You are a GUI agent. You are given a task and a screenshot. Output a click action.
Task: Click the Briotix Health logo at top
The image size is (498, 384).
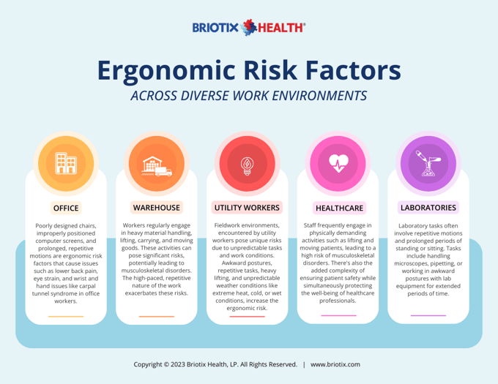pyautogui.click(x=248, y=28)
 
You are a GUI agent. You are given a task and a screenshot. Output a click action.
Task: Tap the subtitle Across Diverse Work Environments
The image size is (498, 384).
pyautogui.click(x=248, y=97)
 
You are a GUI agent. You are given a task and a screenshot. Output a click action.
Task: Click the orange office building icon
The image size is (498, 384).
pyautogui.click(x=66, y=162)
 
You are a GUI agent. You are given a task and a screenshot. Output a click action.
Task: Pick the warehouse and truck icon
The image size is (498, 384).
pyautogui.click(x=156, y=165)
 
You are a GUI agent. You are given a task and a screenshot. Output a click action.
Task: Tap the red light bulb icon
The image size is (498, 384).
pyautogui.click(x=247, y=164)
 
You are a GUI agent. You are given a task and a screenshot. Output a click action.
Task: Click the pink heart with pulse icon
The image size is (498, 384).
pyautogui.click(x=338, y=162)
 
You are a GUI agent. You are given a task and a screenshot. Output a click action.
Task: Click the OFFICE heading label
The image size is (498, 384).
pyautogui.click(x=66, y=208)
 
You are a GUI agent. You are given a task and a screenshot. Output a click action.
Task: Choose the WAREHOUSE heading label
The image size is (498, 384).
pyautogui.click(x=156, y=207)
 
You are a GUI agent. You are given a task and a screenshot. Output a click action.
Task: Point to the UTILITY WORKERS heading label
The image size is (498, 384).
pyautogui.click(x=247, y=208)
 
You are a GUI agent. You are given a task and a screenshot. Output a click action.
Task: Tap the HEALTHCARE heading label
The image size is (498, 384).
pyautogui.click(x=338, y=208)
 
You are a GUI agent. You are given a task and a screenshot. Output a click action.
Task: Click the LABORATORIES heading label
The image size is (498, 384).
pyautogui.click(x=428, y=207)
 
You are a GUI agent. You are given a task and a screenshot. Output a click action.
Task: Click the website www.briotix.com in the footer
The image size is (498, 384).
pyautogui.click(x=335, y=364)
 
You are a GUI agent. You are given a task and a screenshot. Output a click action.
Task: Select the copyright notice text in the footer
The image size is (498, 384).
pyautogui.click(x=215, y=364)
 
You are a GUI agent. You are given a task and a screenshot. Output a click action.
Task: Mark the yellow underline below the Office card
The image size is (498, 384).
pyautogui.click(x=66, y=317)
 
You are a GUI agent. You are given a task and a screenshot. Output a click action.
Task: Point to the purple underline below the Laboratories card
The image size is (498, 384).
pyautogui.click(x=428, y=316)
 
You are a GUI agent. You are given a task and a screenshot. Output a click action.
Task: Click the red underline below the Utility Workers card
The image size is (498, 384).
pyautogui.click(x=247, y=317)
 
